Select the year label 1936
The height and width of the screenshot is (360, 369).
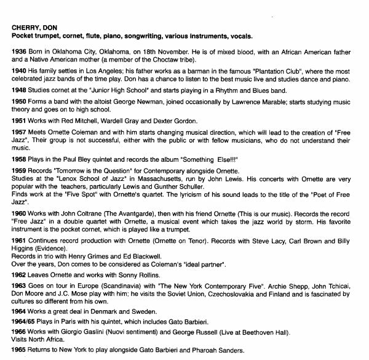click(x=18, y=51)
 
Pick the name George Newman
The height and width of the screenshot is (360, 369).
click(x=134, y=103)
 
